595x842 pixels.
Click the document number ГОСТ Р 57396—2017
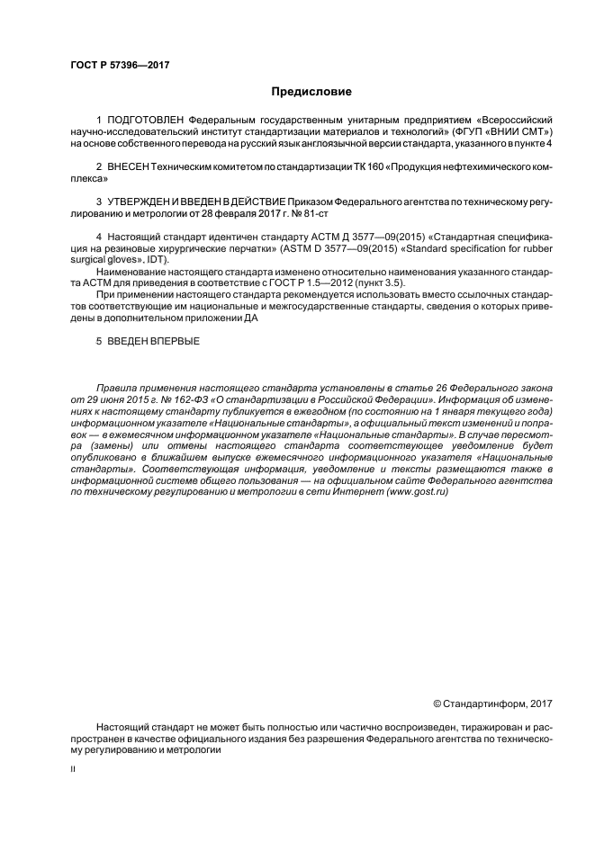pos(120,65)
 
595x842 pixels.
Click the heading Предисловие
pos(311,92)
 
